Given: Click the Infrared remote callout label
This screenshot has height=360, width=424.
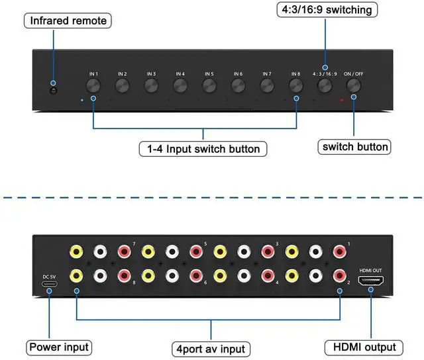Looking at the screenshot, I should point(68,21).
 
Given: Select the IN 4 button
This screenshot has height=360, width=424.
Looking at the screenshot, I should point(180,85).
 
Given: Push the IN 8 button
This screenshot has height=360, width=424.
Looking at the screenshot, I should point(296,85).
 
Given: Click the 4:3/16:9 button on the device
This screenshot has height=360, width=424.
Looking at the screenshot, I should point(325,85).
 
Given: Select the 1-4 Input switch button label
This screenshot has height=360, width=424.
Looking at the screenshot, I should point(203,148).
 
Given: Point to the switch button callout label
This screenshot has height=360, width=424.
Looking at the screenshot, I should point(354,146).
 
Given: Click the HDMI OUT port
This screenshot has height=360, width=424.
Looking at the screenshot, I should point(370,281).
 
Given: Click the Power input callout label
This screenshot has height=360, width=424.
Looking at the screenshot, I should point(58,347).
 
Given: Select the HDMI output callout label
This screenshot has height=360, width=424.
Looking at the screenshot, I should point(365,347).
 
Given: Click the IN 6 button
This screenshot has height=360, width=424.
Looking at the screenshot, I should point(238,85).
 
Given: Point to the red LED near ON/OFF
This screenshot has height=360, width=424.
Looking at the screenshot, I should point(342,101).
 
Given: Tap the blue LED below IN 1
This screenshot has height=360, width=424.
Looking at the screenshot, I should point(81,101).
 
